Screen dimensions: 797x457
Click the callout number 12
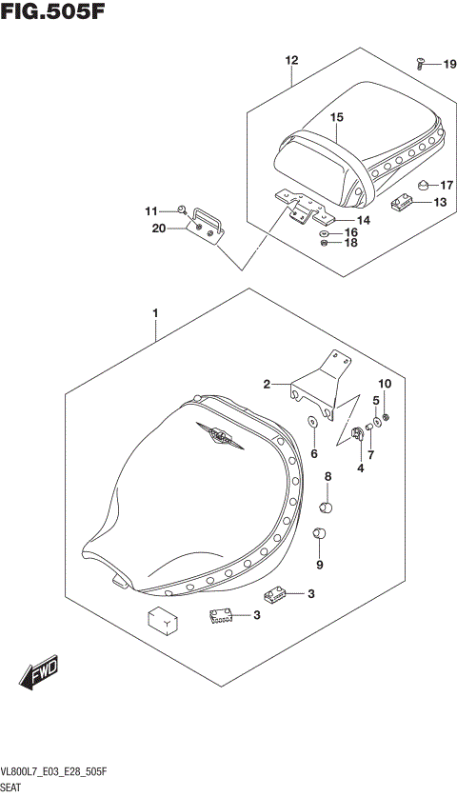pos(291,60)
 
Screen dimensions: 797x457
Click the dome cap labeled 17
pos(421,183)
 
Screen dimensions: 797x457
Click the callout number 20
pos(157,228)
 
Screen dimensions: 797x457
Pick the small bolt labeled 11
pos(180,209)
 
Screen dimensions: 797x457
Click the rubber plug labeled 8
pos(326,503)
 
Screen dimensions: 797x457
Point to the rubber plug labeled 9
pos(320,533)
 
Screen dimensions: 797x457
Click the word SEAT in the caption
pos(13,787)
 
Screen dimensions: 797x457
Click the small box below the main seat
pos(162,621)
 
